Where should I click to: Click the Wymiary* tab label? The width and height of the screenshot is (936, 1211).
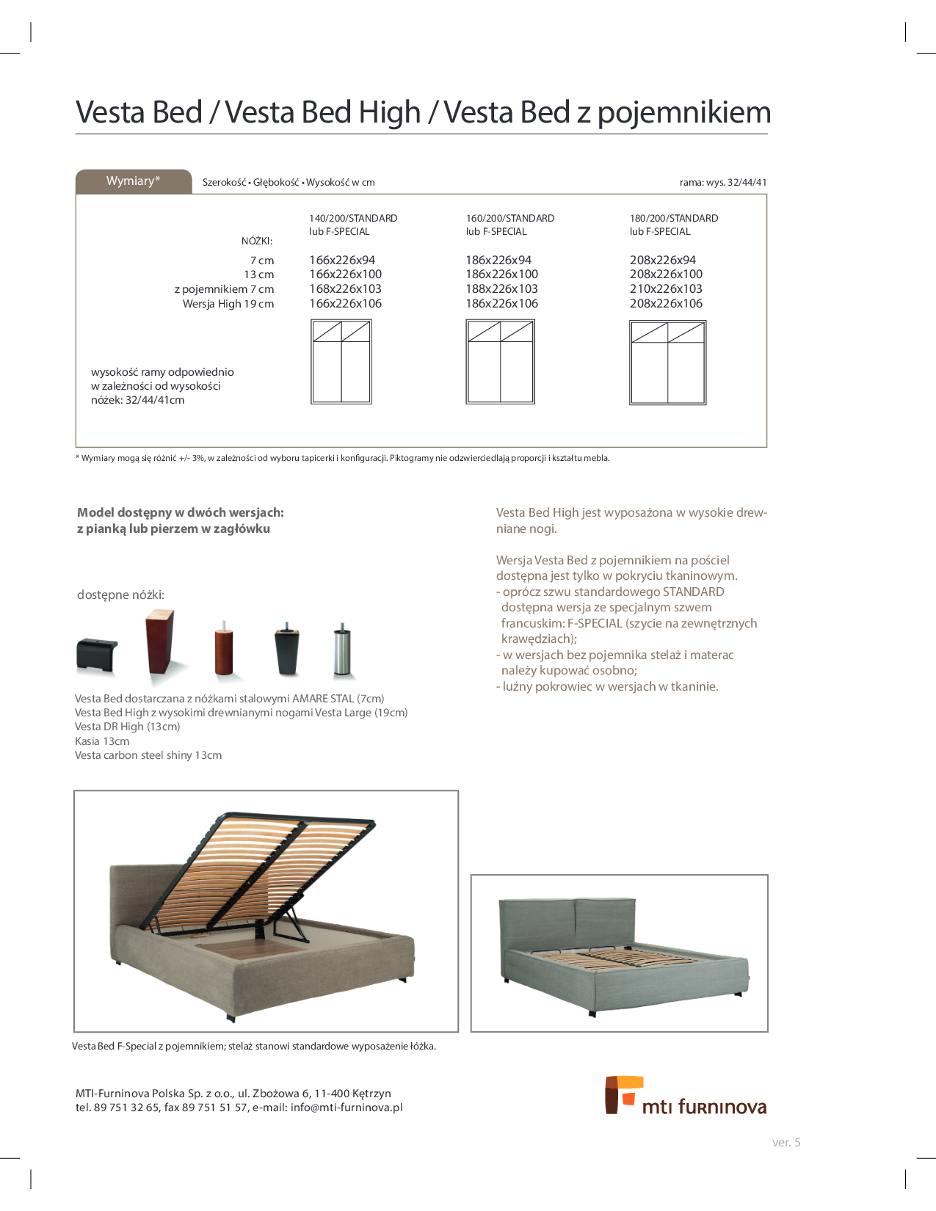pyautogui.click(x=133, y=181)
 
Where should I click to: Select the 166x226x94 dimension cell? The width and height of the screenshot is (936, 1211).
pyautogui.click(x=342, y=260)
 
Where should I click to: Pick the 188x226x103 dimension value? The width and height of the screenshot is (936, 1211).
pyautogui.click(x=501, y=289)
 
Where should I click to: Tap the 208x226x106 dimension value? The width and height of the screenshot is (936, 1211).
pyautogui.click(x=666, y=304)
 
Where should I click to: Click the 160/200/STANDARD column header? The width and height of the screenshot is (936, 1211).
pyautogui.click(x=510, y=218)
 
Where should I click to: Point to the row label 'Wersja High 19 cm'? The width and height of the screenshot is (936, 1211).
pyautogui.click(x=228, y=304)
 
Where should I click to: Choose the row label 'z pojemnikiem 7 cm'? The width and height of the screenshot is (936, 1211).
pyautogui.click(x=224, y=289)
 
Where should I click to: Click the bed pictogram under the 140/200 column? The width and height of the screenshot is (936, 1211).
pyautogui.click(x=341, y=362)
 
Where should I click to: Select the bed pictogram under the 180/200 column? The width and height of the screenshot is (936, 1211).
pyautogui.click(x=667, y=363)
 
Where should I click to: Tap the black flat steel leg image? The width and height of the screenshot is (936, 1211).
pyautogui.click(x=97, y=654)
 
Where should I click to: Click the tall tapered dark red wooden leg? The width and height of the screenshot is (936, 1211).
pyautogui.click(x=159, y=642)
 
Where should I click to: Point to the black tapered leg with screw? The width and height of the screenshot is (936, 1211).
pyautogui.click(x=286, y=650)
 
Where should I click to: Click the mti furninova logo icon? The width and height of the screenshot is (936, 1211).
pyautogui.click(x=623, y=1094)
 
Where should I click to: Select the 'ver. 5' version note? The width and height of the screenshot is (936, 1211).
pyautogui.click(x=786, y=1142)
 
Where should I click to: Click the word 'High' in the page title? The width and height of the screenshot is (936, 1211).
pyautogui.click(x=395, y=112)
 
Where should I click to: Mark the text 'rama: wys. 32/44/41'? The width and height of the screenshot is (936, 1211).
pyautogui.click(x=723, y=182)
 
